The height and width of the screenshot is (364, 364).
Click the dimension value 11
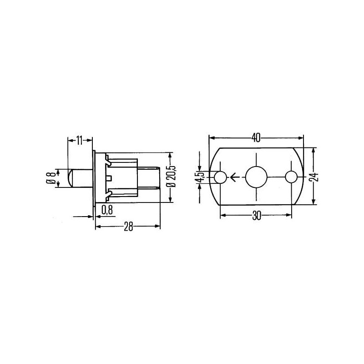[x=79, y=141]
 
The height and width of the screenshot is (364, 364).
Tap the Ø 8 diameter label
[x=51, y=178]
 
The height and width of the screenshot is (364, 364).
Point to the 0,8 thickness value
[x=107, y=210]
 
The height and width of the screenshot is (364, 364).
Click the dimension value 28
[x=128, y=226]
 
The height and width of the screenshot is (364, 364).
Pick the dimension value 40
[x=256, y=138]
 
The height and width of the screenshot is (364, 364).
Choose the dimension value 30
[x=256, y=216]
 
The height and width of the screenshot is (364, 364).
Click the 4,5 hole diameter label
[x=199, y=177]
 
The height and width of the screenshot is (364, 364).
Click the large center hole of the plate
[x=256, y=177]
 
